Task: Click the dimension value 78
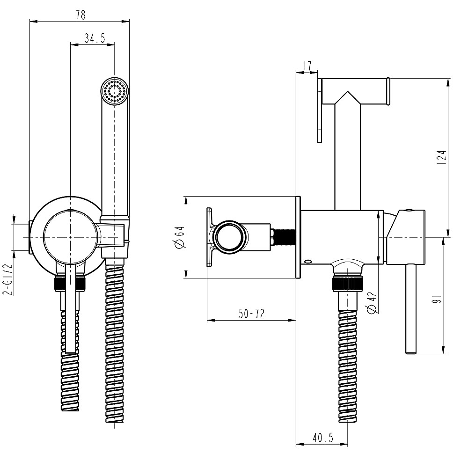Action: pyautogui.click(x=80, y=15)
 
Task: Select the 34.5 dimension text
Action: pyautogui.click(x=94, y=38)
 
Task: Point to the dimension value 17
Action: pyautogui.click(x=307, y=66)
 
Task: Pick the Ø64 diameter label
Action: pyautogui.click(x=178, y=237)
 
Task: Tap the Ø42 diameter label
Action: pyautogui.click(x=372, y=302)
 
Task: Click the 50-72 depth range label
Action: pyautogui.click(x=251, y=314)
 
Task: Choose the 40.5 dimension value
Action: pyautogui.click(x=322, y=438)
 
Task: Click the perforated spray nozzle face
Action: pyautogui.click(x=115, y=90)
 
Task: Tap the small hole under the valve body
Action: pyautogui.click(x=307, y=262)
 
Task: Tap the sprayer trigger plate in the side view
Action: pyautogui.click(x=320, y=110)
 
